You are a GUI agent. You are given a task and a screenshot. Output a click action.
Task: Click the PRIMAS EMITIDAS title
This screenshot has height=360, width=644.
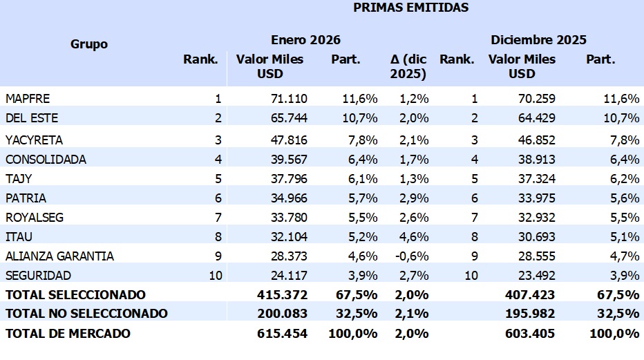click(x=410, y=8)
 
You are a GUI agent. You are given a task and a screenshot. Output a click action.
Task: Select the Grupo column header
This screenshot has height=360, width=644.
click(x=89, y=44)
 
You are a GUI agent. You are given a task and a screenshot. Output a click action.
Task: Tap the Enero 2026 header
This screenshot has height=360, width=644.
click(x=305, y=40)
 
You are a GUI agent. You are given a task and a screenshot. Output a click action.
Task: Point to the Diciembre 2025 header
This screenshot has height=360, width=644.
click(x=538, y=40)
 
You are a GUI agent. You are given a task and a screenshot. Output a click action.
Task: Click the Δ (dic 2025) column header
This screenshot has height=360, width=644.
click(x=409, y=66)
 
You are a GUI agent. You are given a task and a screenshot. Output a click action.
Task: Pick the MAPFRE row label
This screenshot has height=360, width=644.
click(x=28, y=99)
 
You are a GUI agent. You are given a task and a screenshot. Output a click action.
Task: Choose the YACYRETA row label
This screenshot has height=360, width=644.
click(x=34, y=140)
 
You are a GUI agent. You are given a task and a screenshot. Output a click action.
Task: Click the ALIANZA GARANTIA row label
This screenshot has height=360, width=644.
click(x=59, y=256)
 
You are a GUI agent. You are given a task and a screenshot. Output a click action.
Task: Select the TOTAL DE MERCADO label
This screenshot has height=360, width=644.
click(x=68, y=334)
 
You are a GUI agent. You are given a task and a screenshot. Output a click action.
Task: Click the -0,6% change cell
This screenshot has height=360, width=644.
click(x=413, y=256)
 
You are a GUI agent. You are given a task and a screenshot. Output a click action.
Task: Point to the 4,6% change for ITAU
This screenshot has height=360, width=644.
click(x=415, y=237)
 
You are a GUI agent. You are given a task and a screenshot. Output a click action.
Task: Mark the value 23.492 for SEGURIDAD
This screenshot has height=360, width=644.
click(x=536, y=276)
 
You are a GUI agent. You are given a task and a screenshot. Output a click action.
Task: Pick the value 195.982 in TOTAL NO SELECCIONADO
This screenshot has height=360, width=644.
click(x=532, y=314)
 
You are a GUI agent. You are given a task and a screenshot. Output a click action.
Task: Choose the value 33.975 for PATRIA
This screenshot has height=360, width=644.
click(x=536, y=198)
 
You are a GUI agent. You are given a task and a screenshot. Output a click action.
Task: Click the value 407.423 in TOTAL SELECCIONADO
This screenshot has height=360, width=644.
click(x=532, y=295)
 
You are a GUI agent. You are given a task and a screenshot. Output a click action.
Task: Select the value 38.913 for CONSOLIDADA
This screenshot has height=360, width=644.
click(x=536, y=160)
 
